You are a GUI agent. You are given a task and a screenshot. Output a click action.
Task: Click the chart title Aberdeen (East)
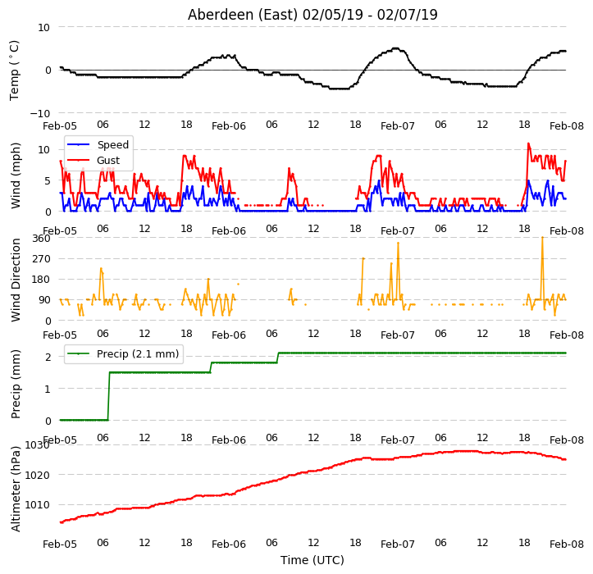(x=243, y=15)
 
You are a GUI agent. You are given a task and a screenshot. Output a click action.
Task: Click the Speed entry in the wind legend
(x=112, y=145)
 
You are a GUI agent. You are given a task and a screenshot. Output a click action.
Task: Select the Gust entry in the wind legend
(x=108, y=161)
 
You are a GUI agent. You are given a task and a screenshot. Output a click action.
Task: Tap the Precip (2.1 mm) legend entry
(x=138, y=354)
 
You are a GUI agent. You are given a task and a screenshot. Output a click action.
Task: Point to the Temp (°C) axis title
(x=15, y=71)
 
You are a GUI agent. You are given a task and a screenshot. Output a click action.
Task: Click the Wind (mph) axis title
(x=15, y=175)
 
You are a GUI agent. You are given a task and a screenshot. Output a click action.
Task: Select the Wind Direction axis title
(x=15, y=280)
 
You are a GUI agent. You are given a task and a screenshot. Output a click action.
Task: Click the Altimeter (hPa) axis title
(x=15, y=489)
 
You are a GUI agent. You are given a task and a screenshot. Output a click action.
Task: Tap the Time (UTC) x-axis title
(x=312, y=560)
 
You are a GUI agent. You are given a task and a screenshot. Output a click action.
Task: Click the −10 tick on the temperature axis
(x=40, y=113)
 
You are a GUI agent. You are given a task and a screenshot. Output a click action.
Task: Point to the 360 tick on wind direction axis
(x=41, y=239)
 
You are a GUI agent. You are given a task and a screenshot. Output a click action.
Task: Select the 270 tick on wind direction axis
(x=41, y=259)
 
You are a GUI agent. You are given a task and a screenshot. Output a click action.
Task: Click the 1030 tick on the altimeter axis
(x=37, y=445)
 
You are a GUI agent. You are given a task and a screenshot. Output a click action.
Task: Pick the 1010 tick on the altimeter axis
(x=37, y=505)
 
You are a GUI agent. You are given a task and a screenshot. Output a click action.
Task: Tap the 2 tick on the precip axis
(x=48, y=357)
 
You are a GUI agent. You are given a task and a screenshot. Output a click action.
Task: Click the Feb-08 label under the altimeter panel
(x=567, y=544)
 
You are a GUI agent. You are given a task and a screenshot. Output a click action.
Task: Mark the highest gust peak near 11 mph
(x=528, y=143)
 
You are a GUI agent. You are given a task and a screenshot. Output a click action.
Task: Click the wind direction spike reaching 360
(x=542, y=238)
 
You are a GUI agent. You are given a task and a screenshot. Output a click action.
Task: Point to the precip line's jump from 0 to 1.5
(x=109, y=396)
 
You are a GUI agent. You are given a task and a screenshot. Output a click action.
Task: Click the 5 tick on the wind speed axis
(x=48, y=181)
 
